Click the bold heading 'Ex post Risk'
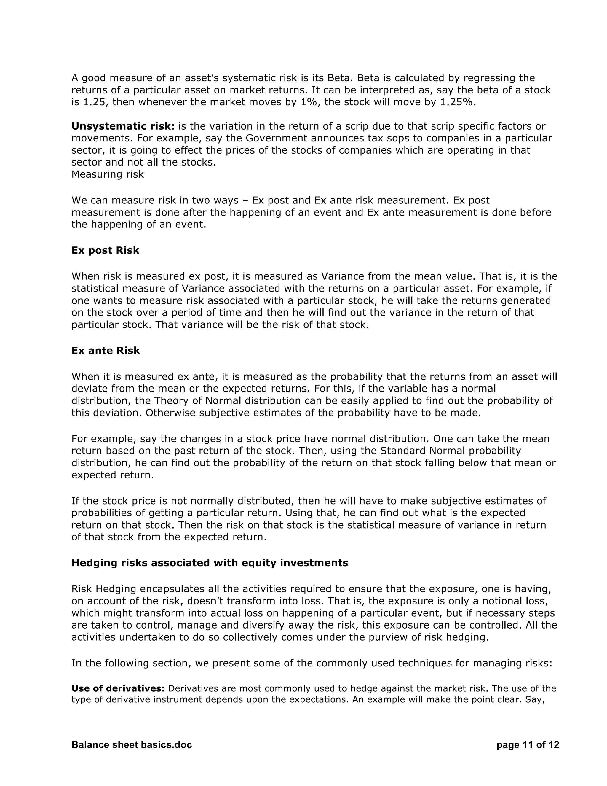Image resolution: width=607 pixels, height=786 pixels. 105,251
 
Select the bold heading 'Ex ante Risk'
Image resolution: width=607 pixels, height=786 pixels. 105,351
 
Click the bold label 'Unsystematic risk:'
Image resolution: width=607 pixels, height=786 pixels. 123,126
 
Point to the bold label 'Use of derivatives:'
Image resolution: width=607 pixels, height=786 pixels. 118,688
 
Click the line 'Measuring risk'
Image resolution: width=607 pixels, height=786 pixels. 108,174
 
